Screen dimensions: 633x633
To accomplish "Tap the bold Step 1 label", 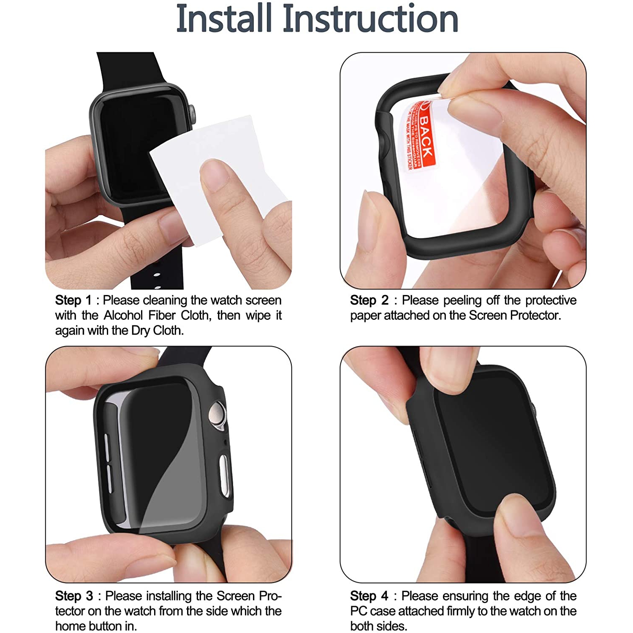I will point(73,300).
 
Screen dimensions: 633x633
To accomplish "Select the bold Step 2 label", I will point(369,300).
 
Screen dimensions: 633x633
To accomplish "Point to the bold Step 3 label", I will point(73,596).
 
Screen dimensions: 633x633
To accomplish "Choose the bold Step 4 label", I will point(369,596).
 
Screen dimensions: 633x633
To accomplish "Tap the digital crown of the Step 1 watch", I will point(192,114).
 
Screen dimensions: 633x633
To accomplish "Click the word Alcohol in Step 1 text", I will point(123,315).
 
